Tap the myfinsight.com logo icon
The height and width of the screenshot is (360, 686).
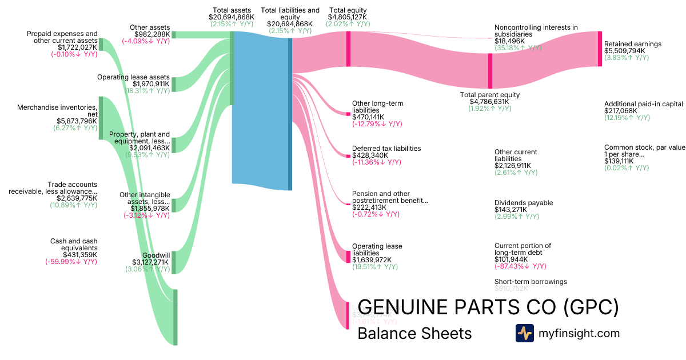coord(524,333)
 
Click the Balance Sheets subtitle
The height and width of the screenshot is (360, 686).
coord(414,333)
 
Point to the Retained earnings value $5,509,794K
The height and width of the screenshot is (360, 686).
coord(625,51)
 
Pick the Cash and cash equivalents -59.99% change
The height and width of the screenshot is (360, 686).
coord(71,262)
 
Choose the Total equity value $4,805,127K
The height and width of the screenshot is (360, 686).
coord(348,17)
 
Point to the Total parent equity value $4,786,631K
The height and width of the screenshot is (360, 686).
coord(489,102)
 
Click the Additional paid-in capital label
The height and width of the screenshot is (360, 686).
coord(644,104)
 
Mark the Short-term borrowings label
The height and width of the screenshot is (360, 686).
coord(531,282)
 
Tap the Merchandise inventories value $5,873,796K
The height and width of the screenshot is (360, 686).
coord(77,121)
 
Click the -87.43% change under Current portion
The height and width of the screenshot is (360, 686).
coord(520,266)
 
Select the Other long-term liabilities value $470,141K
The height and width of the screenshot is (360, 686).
coord(368,117)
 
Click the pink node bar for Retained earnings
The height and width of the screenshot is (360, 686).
coord(600,49)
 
